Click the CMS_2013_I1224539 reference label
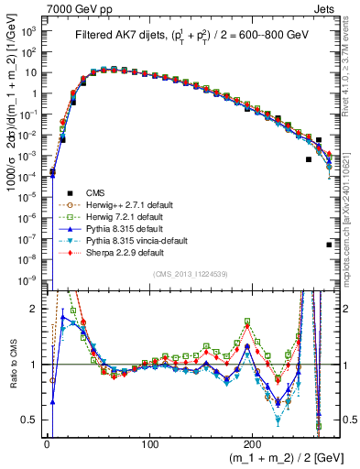click(x=190, y=275)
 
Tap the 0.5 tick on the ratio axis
click(x=32, y=420)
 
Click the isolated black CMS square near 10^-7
click(x=329, y=245)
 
